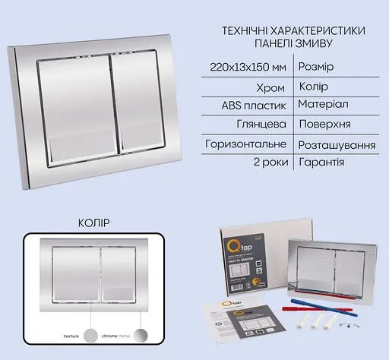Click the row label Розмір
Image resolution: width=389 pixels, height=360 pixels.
point(317,68)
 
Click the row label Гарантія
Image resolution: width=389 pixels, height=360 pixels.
point(322,162)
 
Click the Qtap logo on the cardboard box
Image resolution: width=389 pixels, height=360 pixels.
point(236,247)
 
